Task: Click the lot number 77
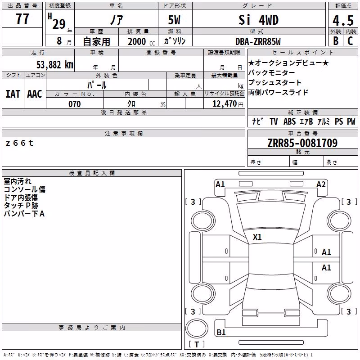22,19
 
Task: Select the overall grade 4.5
343,21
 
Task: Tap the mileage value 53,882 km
55,64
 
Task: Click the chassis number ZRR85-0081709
302,143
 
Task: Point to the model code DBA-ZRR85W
258,41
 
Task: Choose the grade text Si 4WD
258,20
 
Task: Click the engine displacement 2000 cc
141,41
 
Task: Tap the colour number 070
74,104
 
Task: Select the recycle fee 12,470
224,104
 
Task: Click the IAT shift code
13,94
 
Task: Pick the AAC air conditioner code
35,94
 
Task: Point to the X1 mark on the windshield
257,237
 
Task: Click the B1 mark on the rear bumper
221,332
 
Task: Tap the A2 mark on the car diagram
321,184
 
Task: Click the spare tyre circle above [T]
197,328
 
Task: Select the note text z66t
19,143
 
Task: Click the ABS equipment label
289,121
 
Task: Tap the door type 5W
174,20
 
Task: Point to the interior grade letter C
350,41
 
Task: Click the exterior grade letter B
336,41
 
